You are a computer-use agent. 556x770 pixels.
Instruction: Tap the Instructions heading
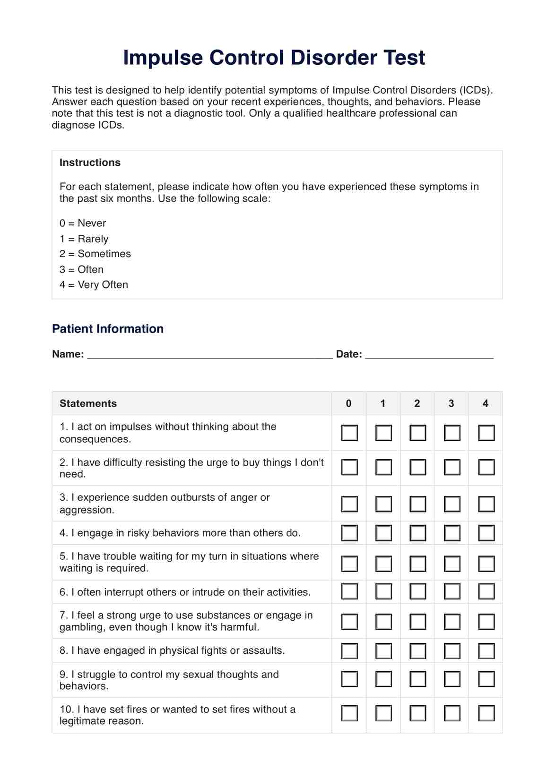click(90, 163)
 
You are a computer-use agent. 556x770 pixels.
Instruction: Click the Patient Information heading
click(108, 329)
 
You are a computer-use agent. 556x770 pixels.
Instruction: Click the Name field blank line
click(210, 355)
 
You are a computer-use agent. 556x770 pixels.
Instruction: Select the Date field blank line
click(429, 355)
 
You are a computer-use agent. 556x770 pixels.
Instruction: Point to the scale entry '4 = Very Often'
click(94, 285)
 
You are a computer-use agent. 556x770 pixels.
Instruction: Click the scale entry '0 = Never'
click(83, 223)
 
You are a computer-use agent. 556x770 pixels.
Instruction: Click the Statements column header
click(88, 403)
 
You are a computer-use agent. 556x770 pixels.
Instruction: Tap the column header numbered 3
click(451, 403)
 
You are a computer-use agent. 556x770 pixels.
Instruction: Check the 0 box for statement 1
click(349, 433)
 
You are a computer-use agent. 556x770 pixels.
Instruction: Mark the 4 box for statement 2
click(486, 467)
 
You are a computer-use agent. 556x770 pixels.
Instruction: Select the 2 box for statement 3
click(417, 504)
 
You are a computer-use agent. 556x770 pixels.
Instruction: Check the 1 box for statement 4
click(383, 533)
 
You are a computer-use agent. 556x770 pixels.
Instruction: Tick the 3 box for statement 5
click(452, 564)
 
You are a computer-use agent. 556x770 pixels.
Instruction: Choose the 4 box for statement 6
click(486, 591)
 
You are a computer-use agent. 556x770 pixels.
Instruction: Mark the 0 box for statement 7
click(349, 622)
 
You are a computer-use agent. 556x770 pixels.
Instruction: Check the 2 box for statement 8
click(417, 651)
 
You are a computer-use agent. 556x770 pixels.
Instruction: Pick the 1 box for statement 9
click(383, 679)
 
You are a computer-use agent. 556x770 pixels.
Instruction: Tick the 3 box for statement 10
click(452, 713)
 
